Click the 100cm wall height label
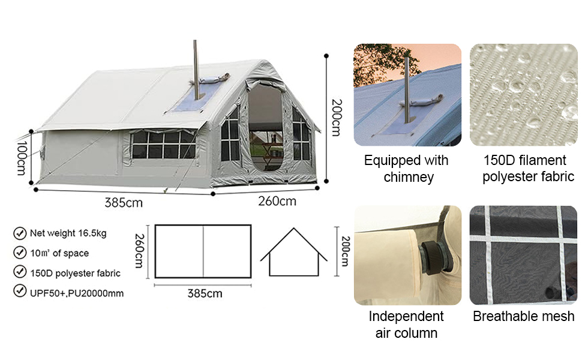pyautogui.click(x=21, y=158)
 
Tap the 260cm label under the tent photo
pyautogui.click(x=277, y=201)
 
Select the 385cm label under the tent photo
pyautogui.click(x=124, y=203)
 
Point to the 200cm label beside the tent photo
pyautogui.click(x=336, y=118)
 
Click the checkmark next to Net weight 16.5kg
pyautogui.click(x=20, y=233)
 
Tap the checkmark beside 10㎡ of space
pyautogui.click(x=20, y=253)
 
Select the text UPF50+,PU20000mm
pyautogui.click(x=77, y=293)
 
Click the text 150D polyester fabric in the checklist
pyautogui.click(x=76, y=273)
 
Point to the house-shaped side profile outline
pyautogui.click(x=293, y=252)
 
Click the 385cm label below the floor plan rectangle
pyautogui.click(x=205, y=293)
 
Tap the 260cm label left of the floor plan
pyautogui.click(x=139, y=251)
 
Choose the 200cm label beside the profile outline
pyautogui.click(x=345, y=251)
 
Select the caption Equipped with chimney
pyautogui.click(x=407, y=169)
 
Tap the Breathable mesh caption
pyautogui.click(x=523, y=316)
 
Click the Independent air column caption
pyautogui.click(x=406, y=325)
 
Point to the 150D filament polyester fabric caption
pyautogui.click(x=528, y=169)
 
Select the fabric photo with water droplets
pyautogui.click(x=524, y=95)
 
